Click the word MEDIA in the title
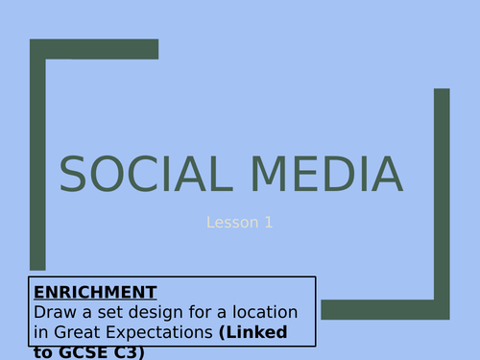[330, 174]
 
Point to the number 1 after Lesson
[269, 223]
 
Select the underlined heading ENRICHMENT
[94, 291]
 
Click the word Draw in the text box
[54, 312]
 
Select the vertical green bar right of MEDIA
[442, 192]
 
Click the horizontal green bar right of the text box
[384, 309]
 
